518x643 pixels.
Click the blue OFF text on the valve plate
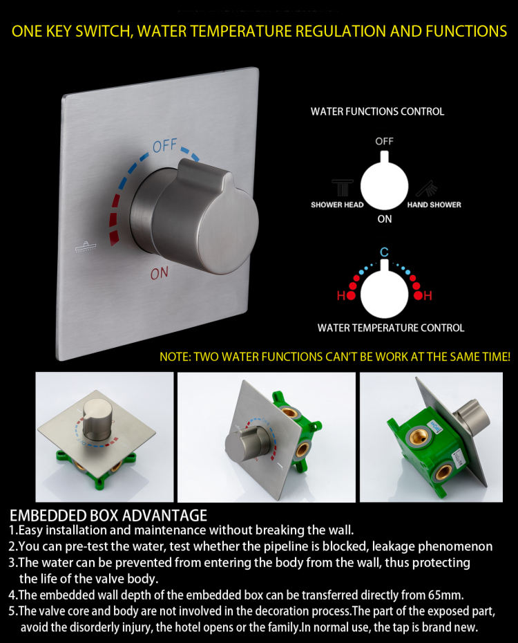click(x=164, y=146)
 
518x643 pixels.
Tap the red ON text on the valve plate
click(x=160, y=273)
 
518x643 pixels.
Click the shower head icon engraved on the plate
click(x=86, y=246)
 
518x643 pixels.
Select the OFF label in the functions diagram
click(x=384, y=142)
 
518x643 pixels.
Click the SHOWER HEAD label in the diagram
click(x=337, y=205)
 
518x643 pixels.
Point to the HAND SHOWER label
click(x=434, y=205)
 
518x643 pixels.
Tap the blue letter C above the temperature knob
click(x=384, y=252)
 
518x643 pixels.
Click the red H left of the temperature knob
click(x=341, y=295)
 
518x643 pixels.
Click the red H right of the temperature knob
click(x=428, y=295)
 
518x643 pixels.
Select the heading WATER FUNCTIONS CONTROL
click(x=377, y=111)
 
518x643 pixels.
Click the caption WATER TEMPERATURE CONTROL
click(x=391, y=328)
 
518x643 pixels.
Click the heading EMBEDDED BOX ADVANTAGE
click(x=108, y=516)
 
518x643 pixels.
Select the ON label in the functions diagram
click(x=385, y=219)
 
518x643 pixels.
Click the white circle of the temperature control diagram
click(x=384, y=292)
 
